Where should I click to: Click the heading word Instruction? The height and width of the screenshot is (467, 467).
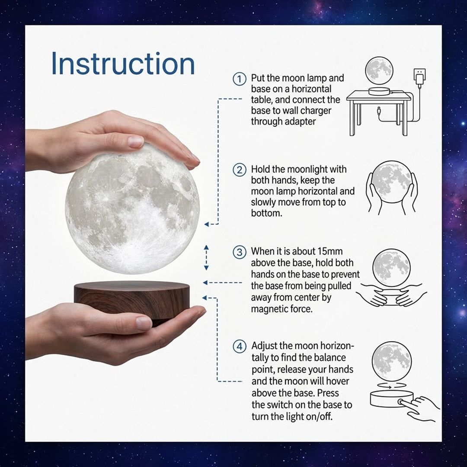pyautogui.click(x=123, y=64)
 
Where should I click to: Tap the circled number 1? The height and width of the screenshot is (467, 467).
pyautogui.click(x=240, y=79)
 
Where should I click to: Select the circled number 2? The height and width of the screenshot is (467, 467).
pyautogui.click(x=240, y=170)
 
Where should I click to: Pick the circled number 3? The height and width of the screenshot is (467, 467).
pyautogui.click(x=240, y=252)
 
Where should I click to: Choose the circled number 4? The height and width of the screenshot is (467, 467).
pyautogui.click(x=240, y=347)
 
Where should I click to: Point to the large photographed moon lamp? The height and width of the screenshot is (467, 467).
pyautogui.click(x=132, y=208)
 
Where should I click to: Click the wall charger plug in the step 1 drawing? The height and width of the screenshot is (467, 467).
pyautogui.click(x=419, y=78)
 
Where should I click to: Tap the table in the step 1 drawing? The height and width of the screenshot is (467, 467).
pyautogui.click(x=379, y=113)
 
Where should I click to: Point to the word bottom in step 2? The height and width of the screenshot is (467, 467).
pyautogui.click(x=266, y=213)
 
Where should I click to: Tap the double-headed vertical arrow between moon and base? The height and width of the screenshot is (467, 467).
pyautogui.click(x=206, y=258)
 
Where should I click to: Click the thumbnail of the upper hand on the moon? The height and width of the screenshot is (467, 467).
pyautogui.click(x=135, y=141)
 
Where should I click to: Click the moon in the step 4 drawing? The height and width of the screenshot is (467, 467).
pyautogui.click(x=392, y=361)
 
